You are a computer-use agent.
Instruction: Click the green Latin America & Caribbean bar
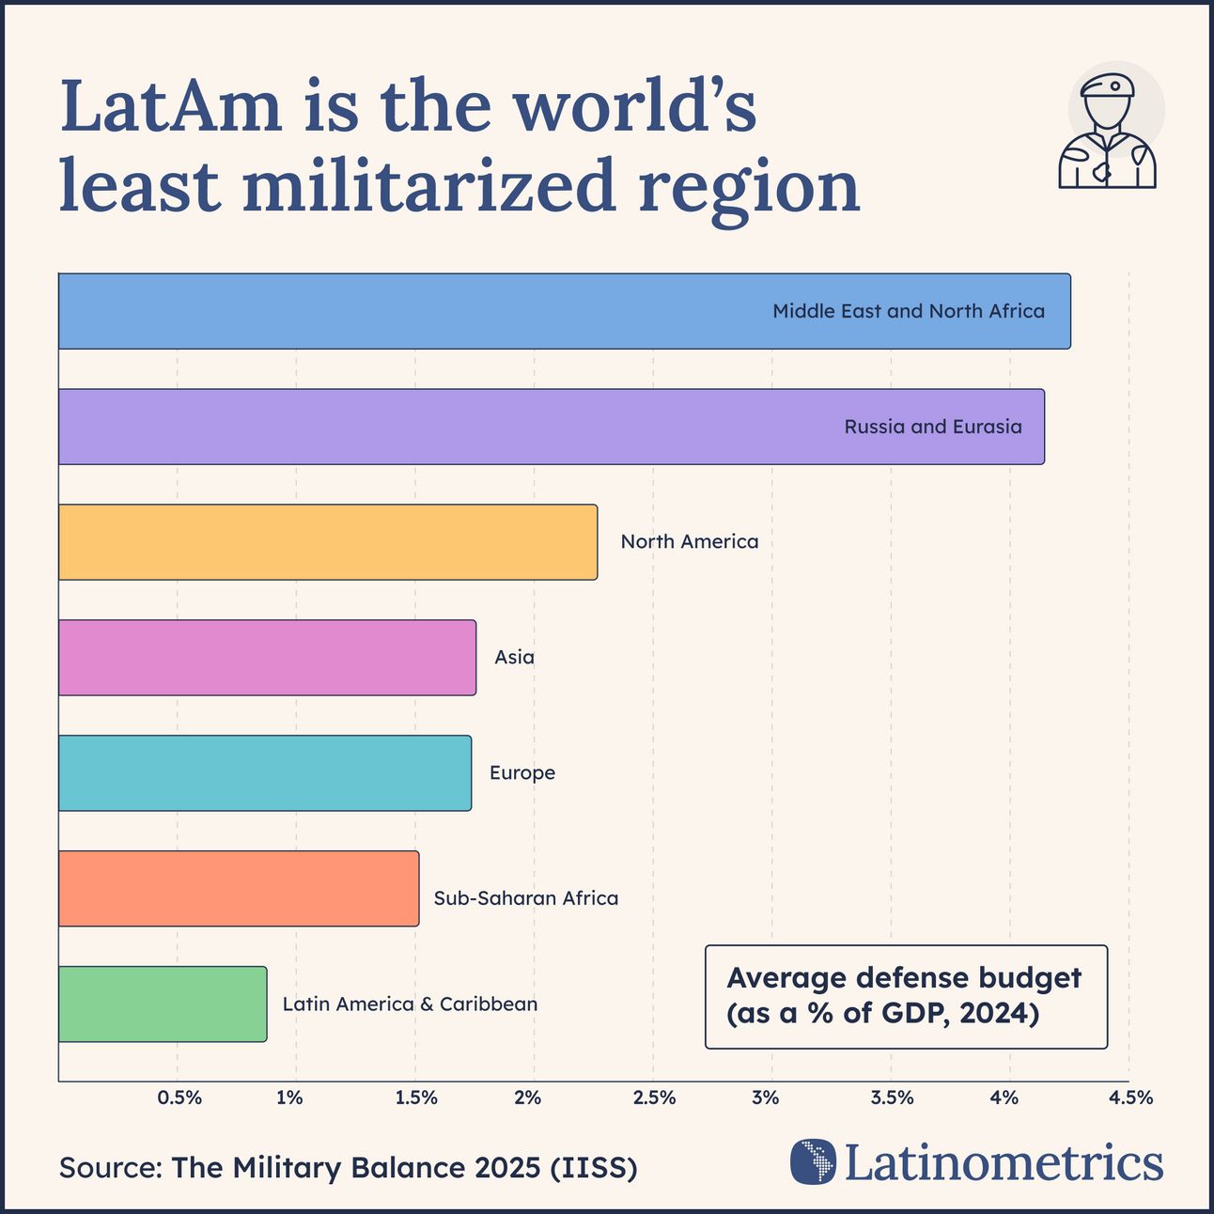[x=163, y=1004]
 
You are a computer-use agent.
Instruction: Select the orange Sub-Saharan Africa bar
[x=239, y=888]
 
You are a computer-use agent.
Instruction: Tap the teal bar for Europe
[x=265, y=772]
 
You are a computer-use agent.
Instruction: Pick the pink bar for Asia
[x=267, y=657]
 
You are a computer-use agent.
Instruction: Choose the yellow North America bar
[x=328, y=541]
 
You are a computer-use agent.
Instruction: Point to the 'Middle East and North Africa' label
[x=908, y=311]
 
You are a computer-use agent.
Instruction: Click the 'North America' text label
[x=689, y=542]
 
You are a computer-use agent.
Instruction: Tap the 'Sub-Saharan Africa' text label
[x=525, y=898]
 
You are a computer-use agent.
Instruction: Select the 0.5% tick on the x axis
[x=179, y=1097]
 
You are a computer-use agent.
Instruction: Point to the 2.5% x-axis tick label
[x=654, y=1097]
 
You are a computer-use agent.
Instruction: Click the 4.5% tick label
[x=1130, y=1097]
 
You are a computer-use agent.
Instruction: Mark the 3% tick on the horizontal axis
[x=766, y=1097]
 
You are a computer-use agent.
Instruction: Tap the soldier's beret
[x=1108, y=87]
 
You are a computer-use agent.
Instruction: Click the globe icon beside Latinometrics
[x=813, y=1161]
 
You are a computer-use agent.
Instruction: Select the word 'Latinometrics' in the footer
[x=1004, y=1162]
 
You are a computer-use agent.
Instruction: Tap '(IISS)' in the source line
[x=593, y=1168]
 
